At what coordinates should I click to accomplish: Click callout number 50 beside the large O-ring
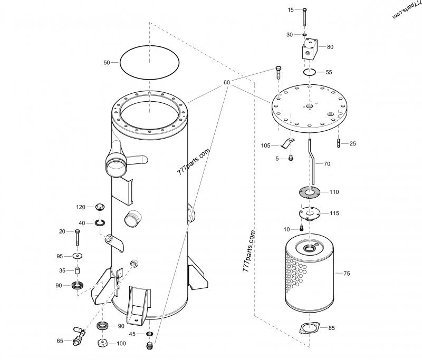tap(107, 63)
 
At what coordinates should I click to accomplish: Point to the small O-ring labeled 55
tap(310, 72)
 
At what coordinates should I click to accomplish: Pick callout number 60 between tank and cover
tap(227, 83)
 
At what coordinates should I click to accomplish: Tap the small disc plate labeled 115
tap(309, 213)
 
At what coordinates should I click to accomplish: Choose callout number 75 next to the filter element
tap(347, 274)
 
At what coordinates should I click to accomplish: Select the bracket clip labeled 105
tap(288, 143)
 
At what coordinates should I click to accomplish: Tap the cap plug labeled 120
tap(99, 207)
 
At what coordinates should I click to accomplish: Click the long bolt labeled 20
tap(78, 239)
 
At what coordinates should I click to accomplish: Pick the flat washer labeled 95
tap(78, 256)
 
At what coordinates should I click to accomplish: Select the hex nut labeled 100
tap(103, 343)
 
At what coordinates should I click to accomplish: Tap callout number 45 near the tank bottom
tap(132, 334)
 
